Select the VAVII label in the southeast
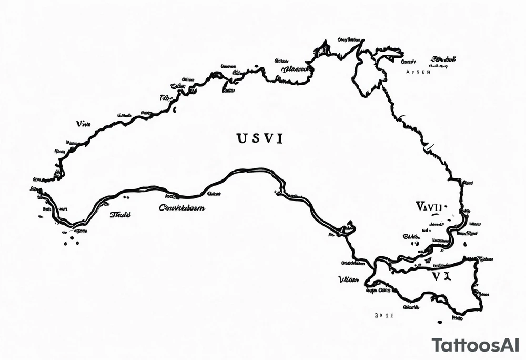(430, 205)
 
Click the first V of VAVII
(420, 205)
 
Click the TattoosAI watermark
(474, 345)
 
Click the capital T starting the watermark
(438, 345)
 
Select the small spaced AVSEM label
(419, 73)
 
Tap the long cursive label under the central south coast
(181, 207)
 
